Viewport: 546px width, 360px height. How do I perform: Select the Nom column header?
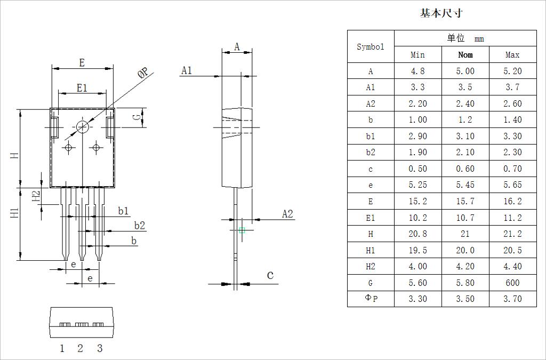465,54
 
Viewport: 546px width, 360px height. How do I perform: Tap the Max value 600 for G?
512,283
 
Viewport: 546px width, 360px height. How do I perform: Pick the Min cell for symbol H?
417,234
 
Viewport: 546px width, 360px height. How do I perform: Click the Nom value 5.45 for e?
465,185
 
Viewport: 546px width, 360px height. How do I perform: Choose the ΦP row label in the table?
371,299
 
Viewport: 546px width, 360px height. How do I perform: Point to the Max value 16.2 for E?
512,201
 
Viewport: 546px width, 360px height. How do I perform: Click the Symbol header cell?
371,46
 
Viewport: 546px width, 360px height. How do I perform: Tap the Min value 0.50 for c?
417,169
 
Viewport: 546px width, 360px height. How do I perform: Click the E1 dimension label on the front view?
82,88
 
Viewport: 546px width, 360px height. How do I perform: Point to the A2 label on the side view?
287,214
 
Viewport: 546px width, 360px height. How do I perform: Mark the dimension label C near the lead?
270,275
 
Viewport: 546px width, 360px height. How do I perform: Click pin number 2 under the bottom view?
81,348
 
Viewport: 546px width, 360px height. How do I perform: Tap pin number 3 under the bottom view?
100,348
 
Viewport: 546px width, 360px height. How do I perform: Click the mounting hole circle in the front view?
83,126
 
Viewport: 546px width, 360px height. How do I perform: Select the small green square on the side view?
242,230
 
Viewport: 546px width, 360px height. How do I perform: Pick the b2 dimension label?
139,225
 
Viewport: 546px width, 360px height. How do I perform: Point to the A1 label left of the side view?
186,70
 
